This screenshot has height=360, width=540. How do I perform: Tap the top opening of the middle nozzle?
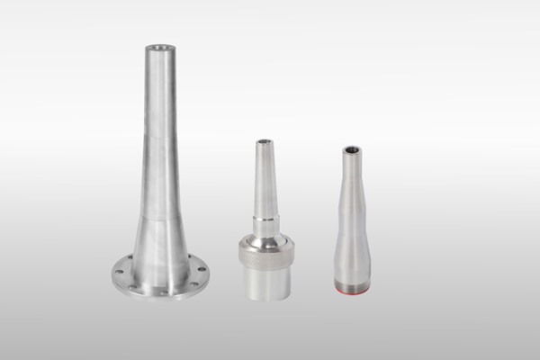click(x=264, y=141)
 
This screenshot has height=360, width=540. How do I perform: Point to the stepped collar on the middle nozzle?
click(x=264, y=220)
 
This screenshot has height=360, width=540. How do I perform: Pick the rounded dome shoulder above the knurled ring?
click(x=264, y=235)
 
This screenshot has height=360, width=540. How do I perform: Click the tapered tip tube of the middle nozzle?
click(x=264, y=175)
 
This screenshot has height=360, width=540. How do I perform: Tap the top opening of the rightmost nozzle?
click(x=350, y=150)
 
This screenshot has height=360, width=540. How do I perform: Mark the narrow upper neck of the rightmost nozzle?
click(x=350, y=180)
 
